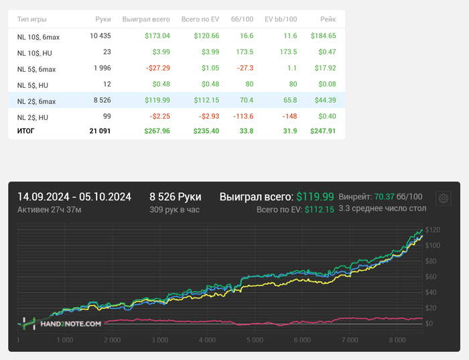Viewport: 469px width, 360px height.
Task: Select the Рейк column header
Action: [x=326, y=20]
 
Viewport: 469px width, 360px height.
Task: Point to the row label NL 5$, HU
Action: [x=33, y=85]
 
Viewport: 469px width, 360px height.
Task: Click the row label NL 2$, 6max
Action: [x=36, y=101]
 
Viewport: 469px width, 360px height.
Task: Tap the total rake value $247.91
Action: [x=323, y=131]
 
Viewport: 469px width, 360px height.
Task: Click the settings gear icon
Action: [x=442, y=198]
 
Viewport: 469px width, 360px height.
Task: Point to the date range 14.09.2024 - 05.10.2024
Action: [x=74, y=196]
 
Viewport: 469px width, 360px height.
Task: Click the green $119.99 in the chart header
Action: [x=315, y=196]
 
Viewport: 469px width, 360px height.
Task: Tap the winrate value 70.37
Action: [x=383, y=196]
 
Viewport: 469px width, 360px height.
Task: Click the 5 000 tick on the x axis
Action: [x=254, y=340]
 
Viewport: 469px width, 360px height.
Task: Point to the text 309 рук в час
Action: [x=175, y=209]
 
